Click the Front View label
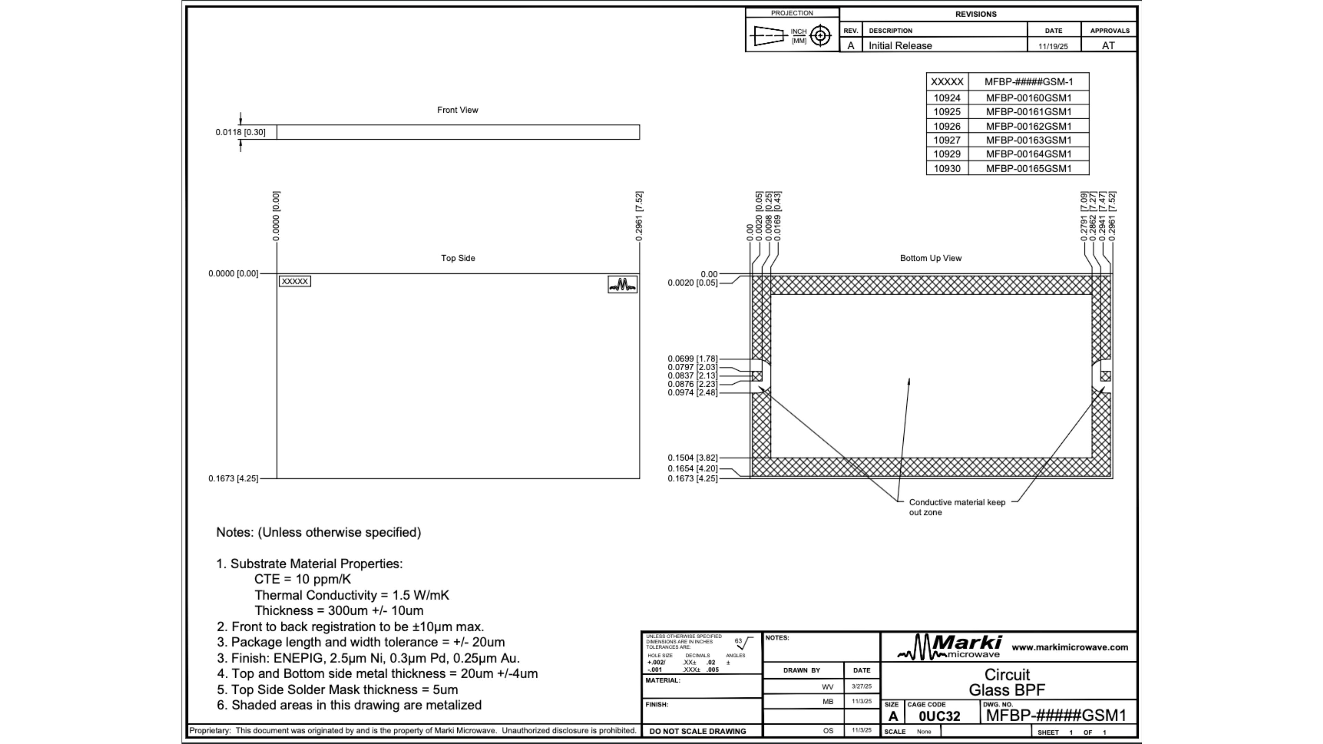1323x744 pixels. (457, 110)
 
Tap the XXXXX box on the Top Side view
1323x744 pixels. (295, 281)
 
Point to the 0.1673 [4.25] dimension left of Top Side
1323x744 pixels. (233, 478)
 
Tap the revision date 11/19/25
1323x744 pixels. (1053, 46)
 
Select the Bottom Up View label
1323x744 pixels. (931, 258)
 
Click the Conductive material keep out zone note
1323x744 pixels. (957, 507)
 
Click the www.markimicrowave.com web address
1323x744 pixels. (1070, 648)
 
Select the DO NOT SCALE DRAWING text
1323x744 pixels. (697, 731)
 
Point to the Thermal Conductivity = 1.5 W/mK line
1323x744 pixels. (352, 595)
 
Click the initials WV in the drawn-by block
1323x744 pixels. (827, 686)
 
